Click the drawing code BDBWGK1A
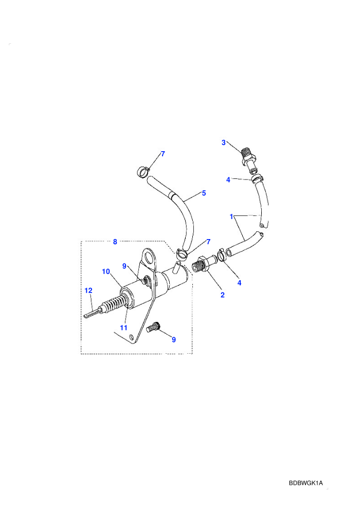coord(306,483)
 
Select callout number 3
coord(223,142)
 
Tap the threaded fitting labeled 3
coord(249,160)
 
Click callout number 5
coord(204,193)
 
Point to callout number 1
coord(231,216)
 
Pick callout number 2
coord(222,295)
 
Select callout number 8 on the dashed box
coord(115,242)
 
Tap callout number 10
coord(106,271)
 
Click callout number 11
coord(123,328)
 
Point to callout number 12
coord(88,290)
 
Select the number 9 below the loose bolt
coord(174,339)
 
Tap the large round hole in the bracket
coord(150,256)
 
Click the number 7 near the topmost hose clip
coord(163,154)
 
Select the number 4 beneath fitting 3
coord(228,179)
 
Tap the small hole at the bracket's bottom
coord(131,337)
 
